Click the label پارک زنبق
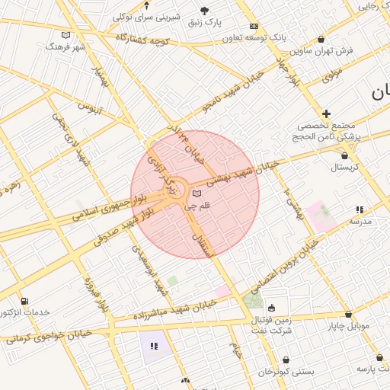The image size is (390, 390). tap(203, 22)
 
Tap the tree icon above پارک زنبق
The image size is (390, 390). tap(203, 10)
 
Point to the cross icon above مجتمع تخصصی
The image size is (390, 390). tap(326, 113)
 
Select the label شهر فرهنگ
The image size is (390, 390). tap(66, 46)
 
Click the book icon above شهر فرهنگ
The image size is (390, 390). tap(66, 35)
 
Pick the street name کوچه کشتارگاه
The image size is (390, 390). tap(142, 38)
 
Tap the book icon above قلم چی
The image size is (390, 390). tap(197, 193)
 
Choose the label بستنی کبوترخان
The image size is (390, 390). tap(286, 372)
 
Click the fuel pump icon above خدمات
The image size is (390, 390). tap(24, 302)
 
